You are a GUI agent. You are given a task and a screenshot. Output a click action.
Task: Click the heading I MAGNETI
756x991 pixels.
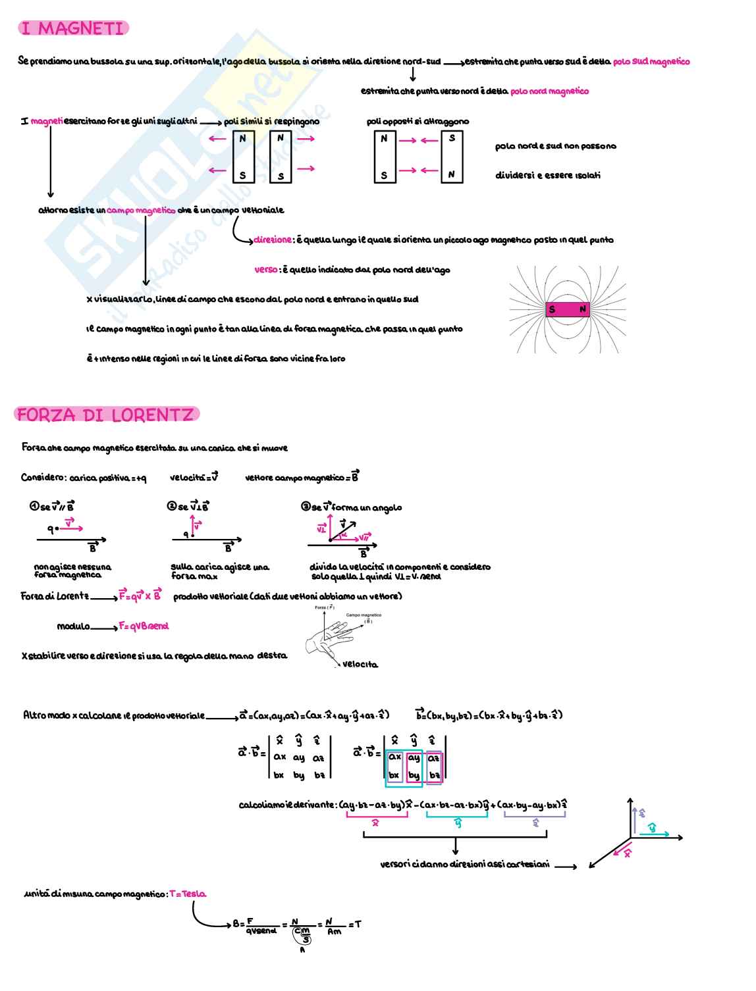pos(72,28)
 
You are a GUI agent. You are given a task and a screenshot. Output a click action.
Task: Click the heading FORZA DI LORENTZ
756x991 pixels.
pos(105,415)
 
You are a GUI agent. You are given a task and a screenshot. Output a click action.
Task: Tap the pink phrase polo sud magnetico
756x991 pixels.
pos(651,62)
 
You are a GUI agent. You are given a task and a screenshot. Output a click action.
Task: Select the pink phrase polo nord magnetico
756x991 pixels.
pos(549,91)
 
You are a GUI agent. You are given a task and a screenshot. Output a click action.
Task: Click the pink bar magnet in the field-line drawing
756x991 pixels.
pos(567,309)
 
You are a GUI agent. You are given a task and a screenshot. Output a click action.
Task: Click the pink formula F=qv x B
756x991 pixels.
pos(140,596)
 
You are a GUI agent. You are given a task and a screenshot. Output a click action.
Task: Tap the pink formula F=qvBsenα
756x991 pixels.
pos(144,626)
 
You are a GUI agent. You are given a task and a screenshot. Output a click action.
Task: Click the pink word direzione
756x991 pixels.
pos(272,240)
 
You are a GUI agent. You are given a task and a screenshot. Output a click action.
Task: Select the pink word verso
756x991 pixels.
pos(266,270)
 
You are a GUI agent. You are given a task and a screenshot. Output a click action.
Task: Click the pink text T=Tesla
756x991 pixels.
pos(188,894)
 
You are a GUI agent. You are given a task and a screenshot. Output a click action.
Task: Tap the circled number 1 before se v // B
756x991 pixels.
pos(34,506)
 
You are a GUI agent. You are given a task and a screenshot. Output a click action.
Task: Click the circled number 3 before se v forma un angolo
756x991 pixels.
pos(306,506)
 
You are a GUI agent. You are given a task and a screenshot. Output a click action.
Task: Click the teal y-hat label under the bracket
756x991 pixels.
pos(458,823)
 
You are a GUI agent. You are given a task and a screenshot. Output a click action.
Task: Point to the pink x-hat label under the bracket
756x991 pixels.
pos(375,823)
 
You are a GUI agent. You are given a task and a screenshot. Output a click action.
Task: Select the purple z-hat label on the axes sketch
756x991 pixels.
pos(642,813)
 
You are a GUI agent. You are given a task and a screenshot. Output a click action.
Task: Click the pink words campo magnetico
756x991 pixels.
pos(141,211)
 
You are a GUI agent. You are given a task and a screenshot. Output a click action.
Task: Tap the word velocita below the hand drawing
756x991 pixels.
pos(360,665)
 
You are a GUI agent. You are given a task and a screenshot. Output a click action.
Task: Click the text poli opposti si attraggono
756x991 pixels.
pos(418,122)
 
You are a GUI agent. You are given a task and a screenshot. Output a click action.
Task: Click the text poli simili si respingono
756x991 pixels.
pos(271,122)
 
